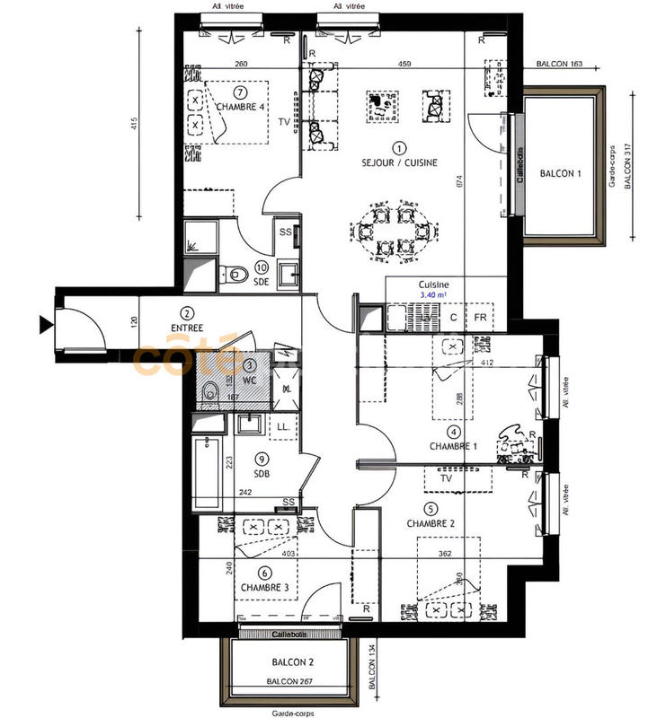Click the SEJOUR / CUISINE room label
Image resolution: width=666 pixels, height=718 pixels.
(399, 162)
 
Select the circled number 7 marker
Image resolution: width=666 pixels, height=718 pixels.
(239, 92)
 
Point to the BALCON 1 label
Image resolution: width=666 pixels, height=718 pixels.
(560, 174)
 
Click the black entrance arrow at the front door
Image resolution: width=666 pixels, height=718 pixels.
(44, 323)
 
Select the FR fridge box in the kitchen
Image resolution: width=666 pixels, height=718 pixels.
(481, 318)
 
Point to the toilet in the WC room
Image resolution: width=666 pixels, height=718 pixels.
(209, 391)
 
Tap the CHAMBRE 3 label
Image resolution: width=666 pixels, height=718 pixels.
(264, 588)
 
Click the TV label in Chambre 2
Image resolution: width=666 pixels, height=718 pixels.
(445, 479)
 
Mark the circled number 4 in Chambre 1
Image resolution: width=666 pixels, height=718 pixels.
(455, 432)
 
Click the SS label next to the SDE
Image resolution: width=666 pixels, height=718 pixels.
(285, 232)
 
